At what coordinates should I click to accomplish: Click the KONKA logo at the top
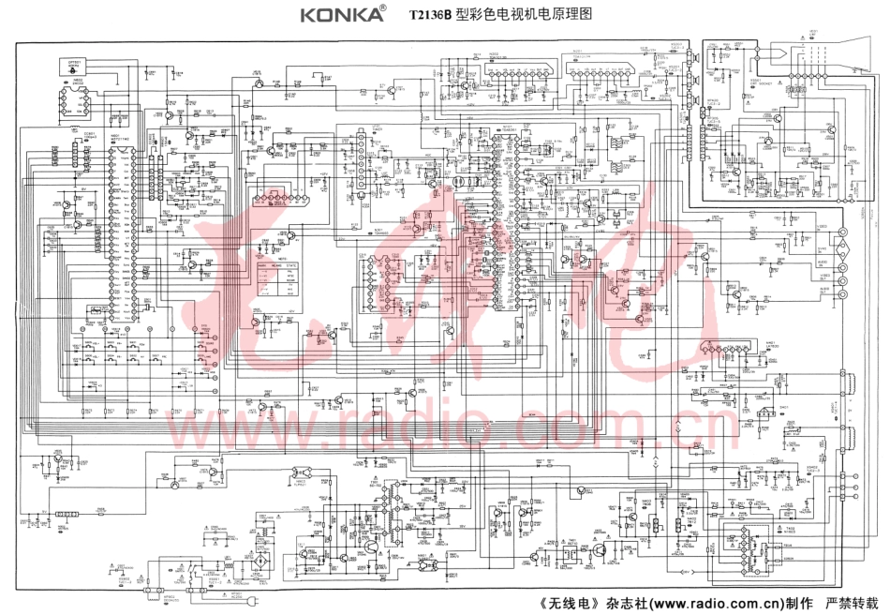coord(340,15)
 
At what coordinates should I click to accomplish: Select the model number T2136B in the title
coord(430,16)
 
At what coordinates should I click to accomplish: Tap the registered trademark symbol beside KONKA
coord(381,7)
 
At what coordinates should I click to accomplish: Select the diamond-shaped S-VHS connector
coord(841,250)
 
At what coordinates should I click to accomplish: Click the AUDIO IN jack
coord(842,280)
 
